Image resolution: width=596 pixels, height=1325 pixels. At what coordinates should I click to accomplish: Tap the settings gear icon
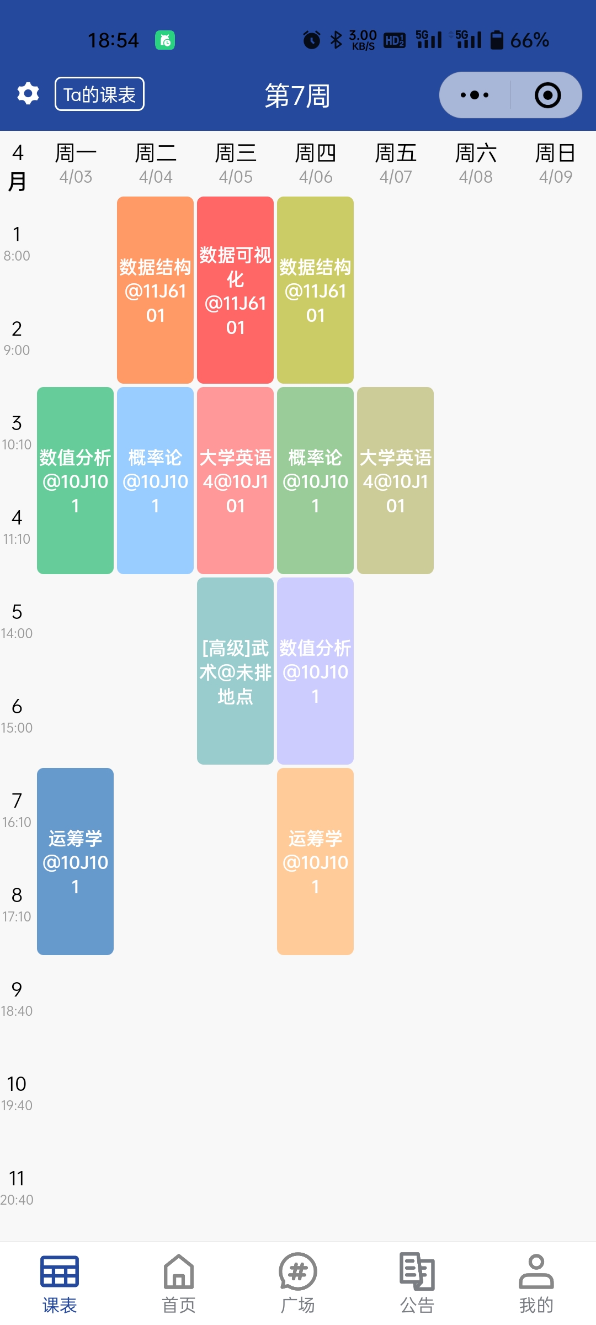click(28, 94)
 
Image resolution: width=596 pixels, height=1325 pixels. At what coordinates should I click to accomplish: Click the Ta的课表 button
click(99, 94)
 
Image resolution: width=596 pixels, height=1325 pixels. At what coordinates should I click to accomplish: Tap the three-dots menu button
click(475, 95)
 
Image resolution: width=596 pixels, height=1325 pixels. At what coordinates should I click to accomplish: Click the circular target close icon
click(547, 95)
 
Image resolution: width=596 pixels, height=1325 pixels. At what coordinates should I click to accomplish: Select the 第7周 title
click(297, 96)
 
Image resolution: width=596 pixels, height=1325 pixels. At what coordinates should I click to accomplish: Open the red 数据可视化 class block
click(236, 290)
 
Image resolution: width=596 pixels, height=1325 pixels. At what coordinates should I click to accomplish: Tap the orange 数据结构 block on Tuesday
click(156, 290)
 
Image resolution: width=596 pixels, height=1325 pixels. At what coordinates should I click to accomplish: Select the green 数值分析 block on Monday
click(76, 480)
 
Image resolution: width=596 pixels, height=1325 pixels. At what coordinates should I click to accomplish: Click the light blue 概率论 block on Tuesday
click(156, 480)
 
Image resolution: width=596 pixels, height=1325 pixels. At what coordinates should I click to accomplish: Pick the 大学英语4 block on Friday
click(395, 480)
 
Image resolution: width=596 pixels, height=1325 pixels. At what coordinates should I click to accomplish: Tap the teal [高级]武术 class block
click(236, 671)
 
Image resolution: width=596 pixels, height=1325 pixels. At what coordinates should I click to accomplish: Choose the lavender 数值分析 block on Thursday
click(316, 671)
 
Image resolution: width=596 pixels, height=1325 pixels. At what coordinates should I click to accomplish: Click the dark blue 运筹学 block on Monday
click(76, 861)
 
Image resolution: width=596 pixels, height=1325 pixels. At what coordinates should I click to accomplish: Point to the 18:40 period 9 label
click(17, 999)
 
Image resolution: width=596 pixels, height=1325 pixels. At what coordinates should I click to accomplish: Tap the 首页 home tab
click(179, 1284)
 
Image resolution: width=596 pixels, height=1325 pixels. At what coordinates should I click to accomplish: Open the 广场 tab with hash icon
click(298, 1284)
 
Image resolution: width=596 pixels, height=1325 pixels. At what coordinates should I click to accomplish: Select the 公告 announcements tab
click(417, 1284)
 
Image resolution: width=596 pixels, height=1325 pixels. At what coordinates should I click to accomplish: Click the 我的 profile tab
click(536, 1284)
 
